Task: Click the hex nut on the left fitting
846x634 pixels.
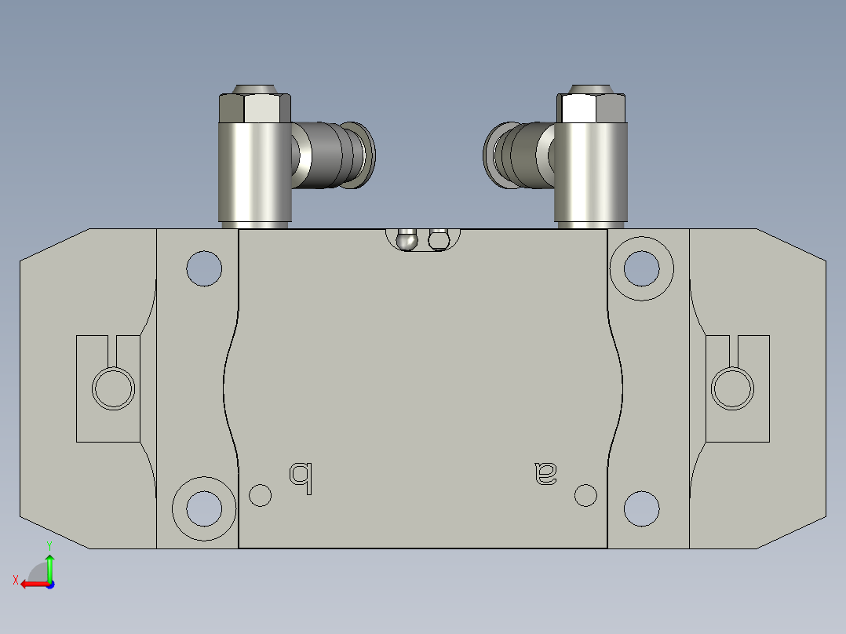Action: (254, 107)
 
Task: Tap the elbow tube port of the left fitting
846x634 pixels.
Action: (337, 155)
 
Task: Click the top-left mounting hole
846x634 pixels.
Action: (204, 268)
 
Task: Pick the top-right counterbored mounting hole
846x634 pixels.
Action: (641, 268)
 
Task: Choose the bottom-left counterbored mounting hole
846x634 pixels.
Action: (204, 508)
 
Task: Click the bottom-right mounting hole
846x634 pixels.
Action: (641, 508)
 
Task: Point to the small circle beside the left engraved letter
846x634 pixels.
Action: (260, 495)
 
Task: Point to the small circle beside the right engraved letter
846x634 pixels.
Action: (585, 495)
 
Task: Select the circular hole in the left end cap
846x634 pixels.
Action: (114, 387)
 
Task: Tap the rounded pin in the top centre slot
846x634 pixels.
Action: (407, 239)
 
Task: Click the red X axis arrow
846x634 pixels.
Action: (31, 583)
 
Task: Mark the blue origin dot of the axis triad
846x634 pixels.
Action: (49, 584)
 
